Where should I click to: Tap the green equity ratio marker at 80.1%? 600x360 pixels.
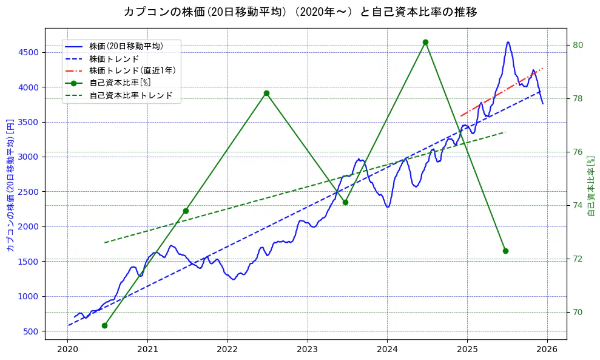(425, 42)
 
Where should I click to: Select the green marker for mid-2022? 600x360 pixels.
(266, 93)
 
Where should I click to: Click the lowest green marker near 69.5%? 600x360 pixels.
(104, 325)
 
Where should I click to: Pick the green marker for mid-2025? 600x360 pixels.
(505, 251)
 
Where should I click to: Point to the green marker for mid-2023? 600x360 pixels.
(345, 202)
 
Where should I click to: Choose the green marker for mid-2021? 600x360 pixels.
(186, 211)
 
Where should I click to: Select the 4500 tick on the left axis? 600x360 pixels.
(28, 52)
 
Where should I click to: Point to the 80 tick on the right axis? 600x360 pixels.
(578, 45)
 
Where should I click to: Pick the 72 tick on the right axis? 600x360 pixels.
(578, 259)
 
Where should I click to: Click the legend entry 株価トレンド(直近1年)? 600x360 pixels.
(132, 70)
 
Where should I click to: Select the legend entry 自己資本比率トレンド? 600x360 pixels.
(131, 95)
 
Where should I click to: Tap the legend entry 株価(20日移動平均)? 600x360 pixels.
(126, 46)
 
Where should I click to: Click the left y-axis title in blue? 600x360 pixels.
(10, 185)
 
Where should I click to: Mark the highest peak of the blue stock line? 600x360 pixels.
(508, 42)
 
